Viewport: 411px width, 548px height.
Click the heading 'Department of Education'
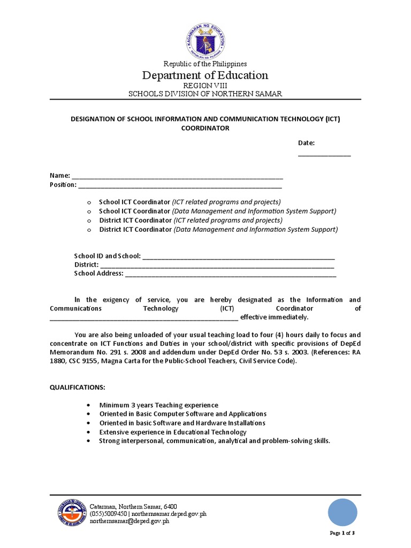[205, 75]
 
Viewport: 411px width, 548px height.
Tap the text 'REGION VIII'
[205, 86]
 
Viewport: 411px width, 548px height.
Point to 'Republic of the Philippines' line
[205, 64]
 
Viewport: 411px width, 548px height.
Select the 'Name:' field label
[59, 176]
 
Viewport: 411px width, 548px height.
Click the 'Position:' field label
[63, 185]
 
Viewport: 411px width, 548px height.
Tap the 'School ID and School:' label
[107, 256]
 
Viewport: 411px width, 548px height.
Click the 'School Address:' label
[98, 273]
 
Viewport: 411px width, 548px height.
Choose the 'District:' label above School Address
[86, 264]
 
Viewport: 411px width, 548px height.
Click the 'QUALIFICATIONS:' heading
[78, 387]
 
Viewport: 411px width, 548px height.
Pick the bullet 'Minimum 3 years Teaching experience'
[158, 405]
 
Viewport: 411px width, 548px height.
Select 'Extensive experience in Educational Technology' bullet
[173, 432]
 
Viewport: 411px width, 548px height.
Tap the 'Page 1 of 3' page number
[342, 533]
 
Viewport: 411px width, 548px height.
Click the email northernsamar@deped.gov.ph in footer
[130, 521]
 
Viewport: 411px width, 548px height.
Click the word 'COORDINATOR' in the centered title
[205, 128]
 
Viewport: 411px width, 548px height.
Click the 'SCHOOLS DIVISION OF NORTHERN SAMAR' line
[205, 94]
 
